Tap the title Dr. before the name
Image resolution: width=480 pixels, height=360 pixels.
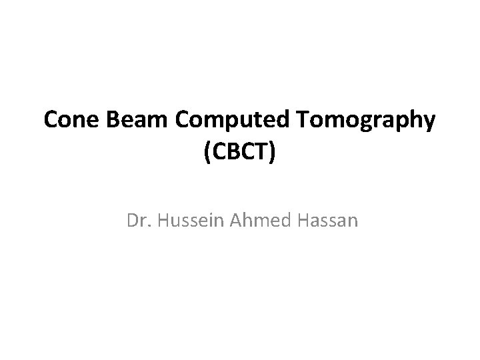pos(137,220)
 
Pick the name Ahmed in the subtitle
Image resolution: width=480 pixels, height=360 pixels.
pos(254,220)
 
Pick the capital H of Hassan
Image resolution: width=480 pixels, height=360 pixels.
pos(297,220)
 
